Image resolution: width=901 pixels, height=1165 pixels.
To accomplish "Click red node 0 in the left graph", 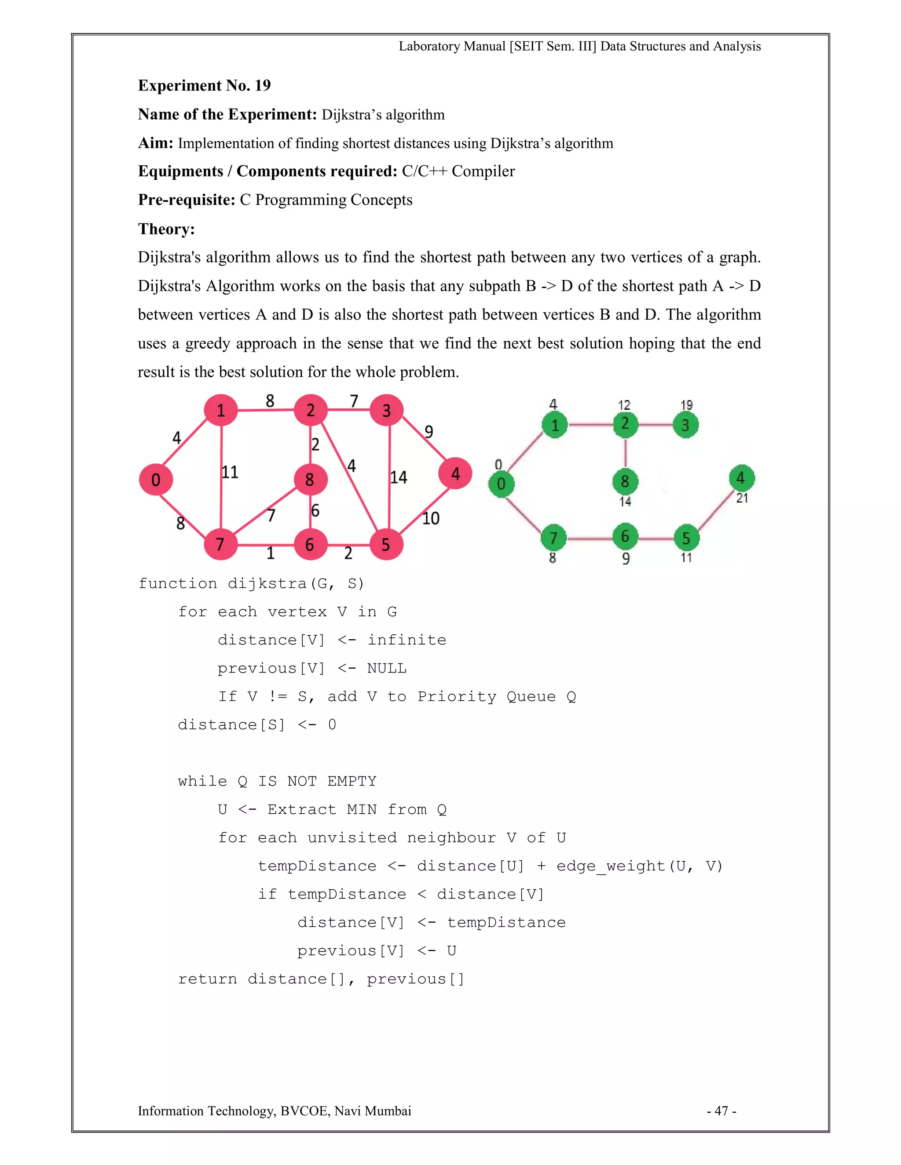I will [x=155, y=479].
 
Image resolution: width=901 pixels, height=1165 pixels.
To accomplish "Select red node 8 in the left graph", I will [x=310, y=479].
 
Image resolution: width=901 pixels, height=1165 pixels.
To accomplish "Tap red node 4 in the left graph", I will [x=455, y=473].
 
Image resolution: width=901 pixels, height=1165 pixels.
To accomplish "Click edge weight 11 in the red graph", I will [x=230, y=472].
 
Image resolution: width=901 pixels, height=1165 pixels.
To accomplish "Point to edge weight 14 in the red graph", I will [x=398, y=477].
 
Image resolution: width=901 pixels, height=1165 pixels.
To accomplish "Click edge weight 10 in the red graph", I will [x=430, y=518].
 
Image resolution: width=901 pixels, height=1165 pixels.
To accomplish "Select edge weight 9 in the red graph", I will [x=429, y=432].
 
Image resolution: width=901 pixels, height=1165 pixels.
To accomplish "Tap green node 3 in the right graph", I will [x=685, y=425].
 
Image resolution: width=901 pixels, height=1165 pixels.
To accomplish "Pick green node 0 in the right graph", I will [x=501, y=484].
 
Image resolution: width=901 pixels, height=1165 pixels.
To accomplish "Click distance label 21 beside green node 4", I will [x=742, y=498].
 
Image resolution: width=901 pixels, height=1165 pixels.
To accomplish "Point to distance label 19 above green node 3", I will [x=686, y=405].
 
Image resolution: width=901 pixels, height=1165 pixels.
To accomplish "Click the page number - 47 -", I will [x=722, y=1110].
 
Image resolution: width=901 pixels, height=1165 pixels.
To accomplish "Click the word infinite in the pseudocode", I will [x=407, y=640].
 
